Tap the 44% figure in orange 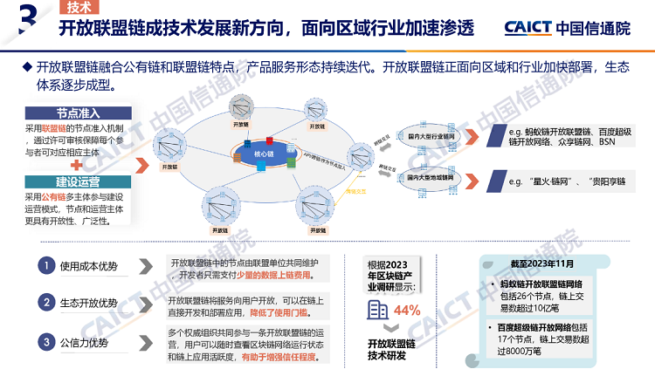point(407,310)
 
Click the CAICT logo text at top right point(527,28)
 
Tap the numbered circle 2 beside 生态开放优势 point(45,303)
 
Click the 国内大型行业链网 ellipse point(432,137)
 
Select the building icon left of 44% point(377,311)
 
